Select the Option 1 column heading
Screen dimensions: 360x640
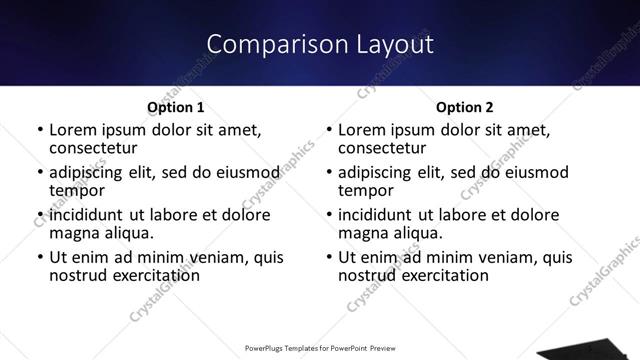point(175,107)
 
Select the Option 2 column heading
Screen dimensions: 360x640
point(464,107)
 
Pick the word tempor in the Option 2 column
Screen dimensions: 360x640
point(365,190)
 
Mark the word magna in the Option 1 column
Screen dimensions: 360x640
point(73,233)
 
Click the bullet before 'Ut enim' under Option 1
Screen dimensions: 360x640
point(40,258)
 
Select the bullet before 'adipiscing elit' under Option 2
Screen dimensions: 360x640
point(329,172)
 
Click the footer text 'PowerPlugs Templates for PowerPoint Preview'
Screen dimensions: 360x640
point(320,349)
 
